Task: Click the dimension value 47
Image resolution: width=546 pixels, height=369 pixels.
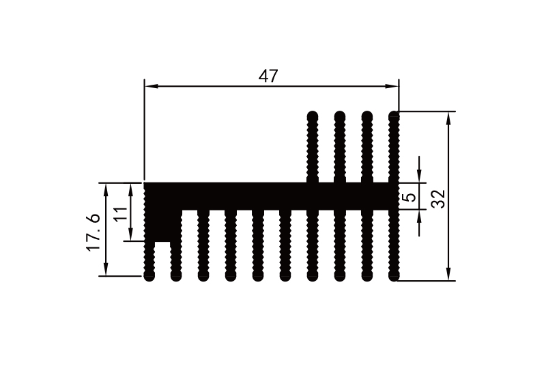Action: coord(268,76)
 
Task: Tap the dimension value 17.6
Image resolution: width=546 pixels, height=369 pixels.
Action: coord(94,232)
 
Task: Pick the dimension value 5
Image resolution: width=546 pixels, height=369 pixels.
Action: coord(409,197)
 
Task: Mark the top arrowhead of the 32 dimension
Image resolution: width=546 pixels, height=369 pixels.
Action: coord(448,117)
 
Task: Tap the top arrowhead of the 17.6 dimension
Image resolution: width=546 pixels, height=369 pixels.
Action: coord(106,189)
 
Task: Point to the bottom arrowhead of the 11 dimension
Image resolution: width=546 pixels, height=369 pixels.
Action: coord(130,235)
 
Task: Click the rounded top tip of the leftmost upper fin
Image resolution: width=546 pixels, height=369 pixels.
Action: coord(313,114)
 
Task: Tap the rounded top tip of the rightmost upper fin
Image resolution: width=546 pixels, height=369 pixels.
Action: coord(394,114)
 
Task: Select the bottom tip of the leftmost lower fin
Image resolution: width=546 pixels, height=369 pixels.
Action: coord(149,277)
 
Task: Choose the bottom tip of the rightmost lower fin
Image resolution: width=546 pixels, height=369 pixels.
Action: coord(394,277)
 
